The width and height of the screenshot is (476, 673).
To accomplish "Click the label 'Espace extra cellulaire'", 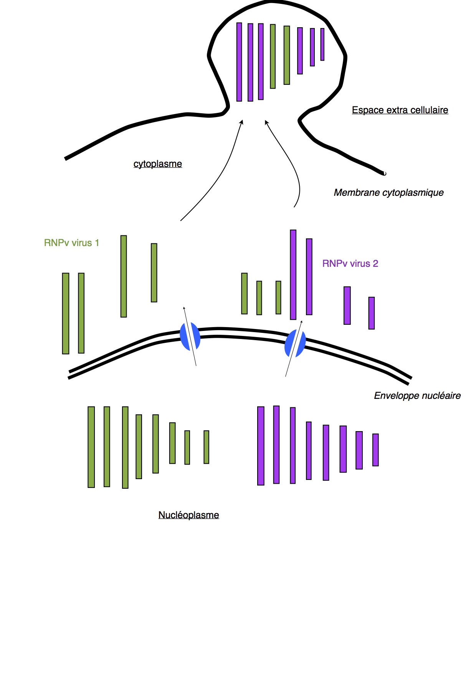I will coord(400,110).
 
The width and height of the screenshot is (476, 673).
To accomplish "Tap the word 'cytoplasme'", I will coord(157,164).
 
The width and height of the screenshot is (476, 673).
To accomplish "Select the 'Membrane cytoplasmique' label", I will coord(388,192).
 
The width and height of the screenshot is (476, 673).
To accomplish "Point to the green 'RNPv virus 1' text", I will coord(71,243).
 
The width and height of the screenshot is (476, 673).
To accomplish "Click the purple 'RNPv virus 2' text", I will coord(350,264).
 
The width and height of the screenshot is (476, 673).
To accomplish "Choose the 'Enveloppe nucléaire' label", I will coord(417,396).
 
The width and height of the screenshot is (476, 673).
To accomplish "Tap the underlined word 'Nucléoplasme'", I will coord(188,515).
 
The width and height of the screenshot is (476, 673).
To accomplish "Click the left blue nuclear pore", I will coord(190,336).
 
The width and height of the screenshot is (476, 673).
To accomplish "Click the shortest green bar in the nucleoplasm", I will coord(206,447).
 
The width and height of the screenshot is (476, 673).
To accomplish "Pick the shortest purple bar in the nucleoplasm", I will coord(375,450).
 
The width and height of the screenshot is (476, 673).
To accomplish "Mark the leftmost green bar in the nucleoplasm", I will coord(91,447).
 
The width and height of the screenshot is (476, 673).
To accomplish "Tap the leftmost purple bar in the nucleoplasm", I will coord(261,446).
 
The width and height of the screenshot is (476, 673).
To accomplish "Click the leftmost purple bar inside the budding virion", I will coord(239,62).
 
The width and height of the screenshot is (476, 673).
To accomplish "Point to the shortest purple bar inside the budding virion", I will coord(322,45).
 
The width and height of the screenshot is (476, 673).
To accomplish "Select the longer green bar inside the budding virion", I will coord(273,56).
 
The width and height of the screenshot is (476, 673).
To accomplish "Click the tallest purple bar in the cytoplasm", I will coord(293,274).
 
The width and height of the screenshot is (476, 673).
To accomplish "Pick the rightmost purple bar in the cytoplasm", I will coord(371,313).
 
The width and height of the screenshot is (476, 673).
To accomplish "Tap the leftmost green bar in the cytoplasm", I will coord(66,313).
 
